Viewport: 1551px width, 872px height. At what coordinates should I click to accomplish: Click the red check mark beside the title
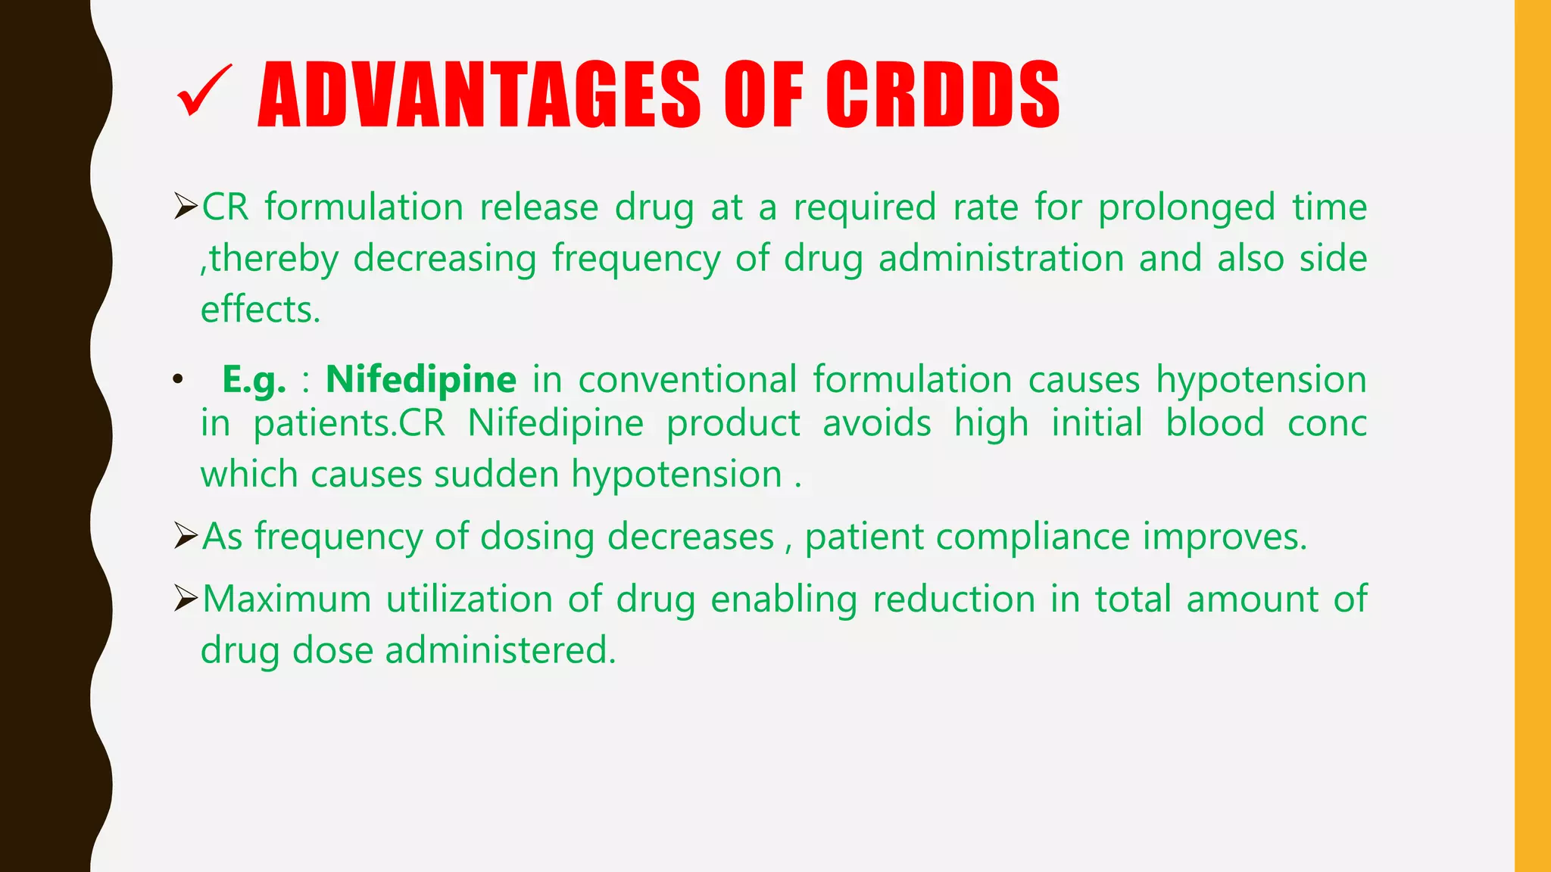click(203, 92)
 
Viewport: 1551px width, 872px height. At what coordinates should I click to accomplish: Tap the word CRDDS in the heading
click(942, 95)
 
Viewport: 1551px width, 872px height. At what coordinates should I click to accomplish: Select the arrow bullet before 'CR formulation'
click(186, 206)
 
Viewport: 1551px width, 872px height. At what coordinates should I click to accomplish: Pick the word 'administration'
click(1001, 258)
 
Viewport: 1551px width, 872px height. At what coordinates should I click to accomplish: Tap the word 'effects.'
click(261, 310)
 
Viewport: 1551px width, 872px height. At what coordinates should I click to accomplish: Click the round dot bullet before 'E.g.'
click(177, 379)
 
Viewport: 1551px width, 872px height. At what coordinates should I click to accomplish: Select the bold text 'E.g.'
click(254, 380)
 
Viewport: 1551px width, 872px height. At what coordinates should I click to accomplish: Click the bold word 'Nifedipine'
click(421, 379)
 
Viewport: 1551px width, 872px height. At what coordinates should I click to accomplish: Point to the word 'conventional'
click(688, 379)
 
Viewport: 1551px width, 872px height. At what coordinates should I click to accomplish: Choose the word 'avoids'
click(877, 423)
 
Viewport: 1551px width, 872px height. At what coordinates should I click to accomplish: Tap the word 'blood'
click(1215, 423)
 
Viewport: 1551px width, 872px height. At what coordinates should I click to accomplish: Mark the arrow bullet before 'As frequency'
click(186, 535)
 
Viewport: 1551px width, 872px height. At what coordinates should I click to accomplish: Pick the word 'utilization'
click(470, 599)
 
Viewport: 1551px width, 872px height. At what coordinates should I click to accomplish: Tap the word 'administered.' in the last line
click(501, 650)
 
